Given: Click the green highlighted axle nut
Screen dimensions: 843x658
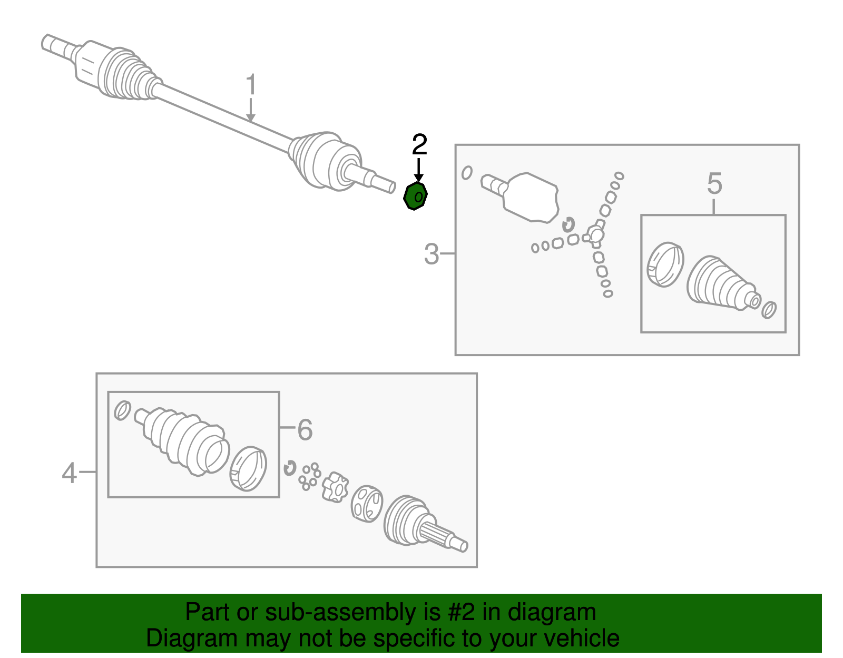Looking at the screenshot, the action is pyautogui.click(x=415, y=196).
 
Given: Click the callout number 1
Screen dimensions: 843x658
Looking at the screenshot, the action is pyautogui.click(x=251, y=84).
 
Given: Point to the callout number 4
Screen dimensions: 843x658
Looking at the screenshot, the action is pyautogui.click(x=69, y=473).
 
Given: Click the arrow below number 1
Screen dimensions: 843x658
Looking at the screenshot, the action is pyautogui.click(x=251, y=110).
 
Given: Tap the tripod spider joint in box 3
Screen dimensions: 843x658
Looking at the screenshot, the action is pyautogui.click(x=595, y=234).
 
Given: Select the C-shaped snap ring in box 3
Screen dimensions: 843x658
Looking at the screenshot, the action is pyautogui.click(x=568, y=224).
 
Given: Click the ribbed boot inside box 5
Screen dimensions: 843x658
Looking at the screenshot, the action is pyautogui.click(x=723, y=284).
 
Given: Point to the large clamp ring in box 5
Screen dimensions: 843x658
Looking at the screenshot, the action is pyautogui.click(x=665, y=264).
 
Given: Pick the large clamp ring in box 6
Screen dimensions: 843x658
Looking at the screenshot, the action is pyautogui.click(x=248, y=468).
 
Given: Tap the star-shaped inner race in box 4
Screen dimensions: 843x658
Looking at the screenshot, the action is pyautogui.click(x=335, y=487).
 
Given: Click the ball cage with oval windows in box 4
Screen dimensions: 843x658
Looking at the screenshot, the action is pyautogui.click(x=367, y=503).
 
